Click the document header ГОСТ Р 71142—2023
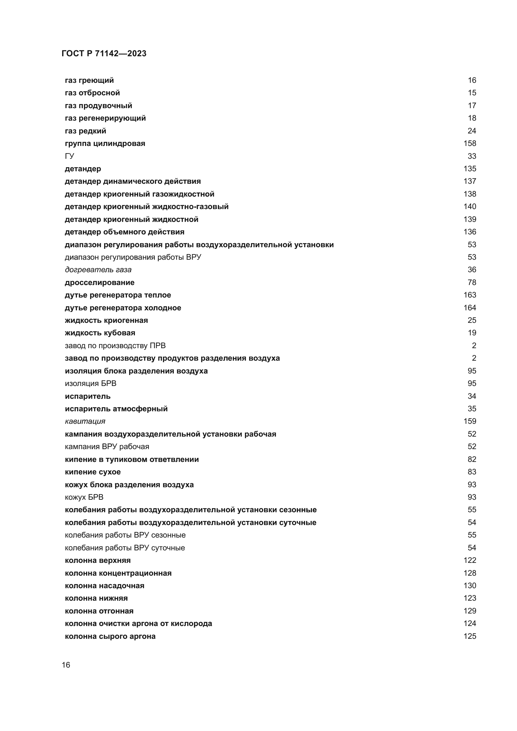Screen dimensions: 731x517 click(x=104, y=53)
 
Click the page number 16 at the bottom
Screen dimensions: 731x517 click(x=66, y=665)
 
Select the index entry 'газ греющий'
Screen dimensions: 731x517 click(x=89, y=80)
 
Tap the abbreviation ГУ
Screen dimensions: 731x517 click(x=69, y=156)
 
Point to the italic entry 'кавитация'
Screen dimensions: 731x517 click(x=85, y=421)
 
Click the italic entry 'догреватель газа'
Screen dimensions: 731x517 click(x=98, y=270)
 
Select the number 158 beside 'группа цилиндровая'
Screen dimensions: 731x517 click(x=469, y=143)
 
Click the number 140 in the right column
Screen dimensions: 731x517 click(x=469, y=207)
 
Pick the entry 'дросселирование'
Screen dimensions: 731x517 click(x=100, y=283)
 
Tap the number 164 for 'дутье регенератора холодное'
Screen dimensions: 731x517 click(x=469, y=308)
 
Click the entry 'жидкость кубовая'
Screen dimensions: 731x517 click(x=100, y=333)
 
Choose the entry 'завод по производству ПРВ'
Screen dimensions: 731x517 click(x=115, y=345)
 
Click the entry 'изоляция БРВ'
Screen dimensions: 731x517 click(x=91, y=383)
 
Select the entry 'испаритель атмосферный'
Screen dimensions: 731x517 click(x=116, y=409)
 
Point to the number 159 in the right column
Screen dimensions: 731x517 click(x=469, y=421)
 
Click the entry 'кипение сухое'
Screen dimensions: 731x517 click(x=93, y=472)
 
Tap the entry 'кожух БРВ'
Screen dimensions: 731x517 click(x=84, y=497)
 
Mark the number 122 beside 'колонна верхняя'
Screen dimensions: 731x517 click(x=469, y=560)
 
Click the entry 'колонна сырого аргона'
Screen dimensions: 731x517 click(x=110, y=636)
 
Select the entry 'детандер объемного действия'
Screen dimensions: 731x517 click(x=124, y=232)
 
